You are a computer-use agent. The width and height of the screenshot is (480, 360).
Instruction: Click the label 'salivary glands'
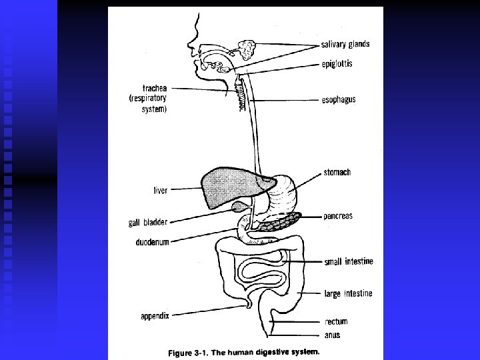pos(345,45)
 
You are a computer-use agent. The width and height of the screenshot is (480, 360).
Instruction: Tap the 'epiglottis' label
pos(346,64)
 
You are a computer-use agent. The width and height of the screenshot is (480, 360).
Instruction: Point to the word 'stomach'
pos(338,173)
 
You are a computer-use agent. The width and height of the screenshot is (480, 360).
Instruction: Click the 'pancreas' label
pos(338,216)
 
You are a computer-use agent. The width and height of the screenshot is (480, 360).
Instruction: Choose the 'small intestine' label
pos(349,261)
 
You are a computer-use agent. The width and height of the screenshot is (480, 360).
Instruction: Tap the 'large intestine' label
pos(349,294)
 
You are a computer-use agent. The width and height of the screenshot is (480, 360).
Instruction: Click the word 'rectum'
pos(336,322)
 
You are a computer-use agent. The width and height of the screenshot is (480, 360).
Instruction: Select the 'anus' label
pos(333,335)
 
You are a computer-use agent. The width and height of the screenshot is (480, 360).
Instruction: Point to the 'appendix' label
pos(155,315)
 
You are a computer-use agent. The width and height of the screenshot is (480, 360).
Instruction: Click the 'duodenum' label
pos(152,242)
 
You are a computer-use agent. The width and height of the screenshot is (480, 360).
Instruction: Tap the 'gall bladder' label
pos(148,223)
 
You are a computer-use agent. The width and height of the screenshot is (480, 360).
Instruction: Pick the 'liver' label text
pos(161,191)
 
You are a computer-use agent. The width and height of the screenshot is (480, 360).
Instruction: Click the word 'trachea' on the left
pos(154,87)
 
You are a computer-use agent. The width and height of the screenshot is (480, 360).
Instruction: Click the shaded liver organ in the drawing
pos(227,187)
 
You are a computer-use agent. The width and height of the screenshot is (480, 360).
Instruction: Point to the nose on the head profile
pos(190,49)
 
